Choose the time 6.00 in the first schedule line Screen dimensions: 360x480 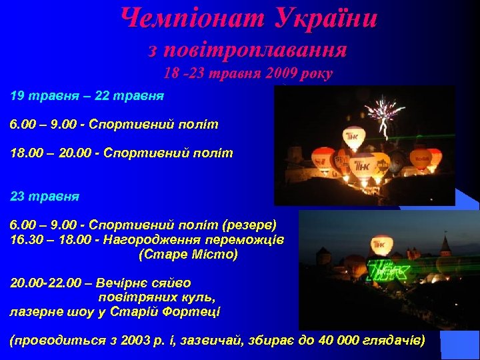pos(25,125)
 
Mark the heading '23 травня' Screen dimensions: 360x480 pos(45,197)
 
